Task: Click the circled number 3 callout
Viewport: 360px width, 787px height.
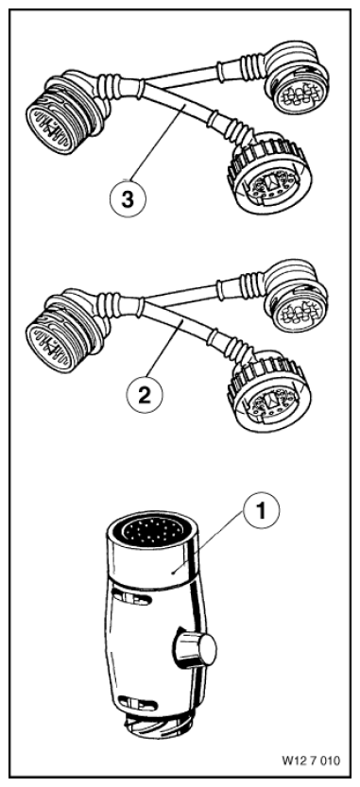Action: [x=128, y=199]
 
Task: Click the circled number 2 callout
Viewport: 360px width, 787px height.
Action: [x=145, y=395]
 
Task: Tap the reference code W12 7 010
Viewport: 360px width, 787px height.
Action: [x=311, y=761]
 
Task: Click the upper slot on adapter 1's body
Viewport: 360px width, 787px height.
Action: [x=132, y=596]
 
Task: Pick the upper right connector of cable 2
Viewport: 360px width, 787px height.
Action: [x=296, y=297]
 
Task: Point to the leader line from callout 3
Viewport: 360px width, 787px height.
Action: [x=158, y=142]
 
